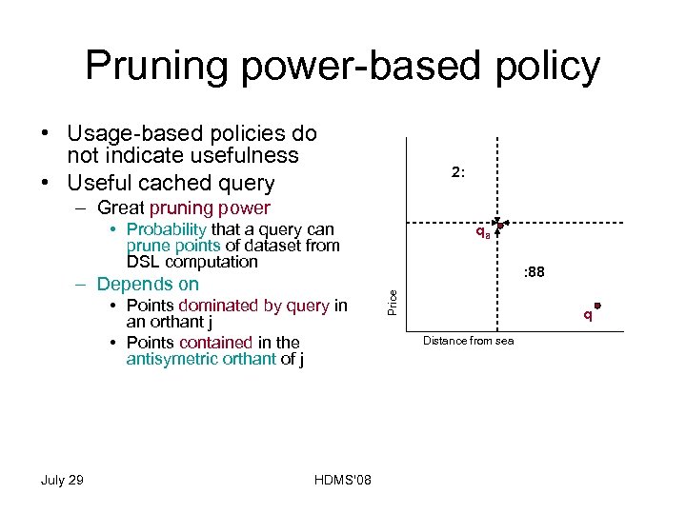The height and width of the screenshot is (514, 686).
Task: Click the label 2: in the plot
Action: [x=458, y=172]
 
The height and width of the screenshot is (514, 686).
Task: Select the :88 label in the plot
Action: [x=534, y=272]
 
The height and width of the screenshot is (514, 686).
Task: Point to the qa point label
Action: [x=483, y=232]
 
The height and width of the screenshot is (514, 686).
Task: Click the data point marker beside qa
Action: [x=499, y=226]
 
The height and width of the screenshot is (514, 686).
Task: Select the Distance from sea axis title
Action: [x=468, y=341]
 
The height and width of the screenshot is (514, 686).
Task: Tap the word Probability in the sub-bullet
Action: [x=166, y=229]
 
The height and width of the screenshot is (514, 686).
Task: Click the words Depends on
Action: [x=148, y=284]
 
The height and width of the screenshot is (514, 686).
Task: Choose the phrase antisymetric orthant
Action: [x=201, y=359]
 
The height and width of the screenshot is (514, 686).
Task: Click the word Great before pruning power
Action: [x=121, y=208]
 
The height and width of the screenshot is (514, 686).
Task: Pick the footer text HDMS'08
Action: [x=342, y=480]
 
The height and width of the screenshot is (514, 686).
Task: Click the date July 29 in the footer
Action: [x=62, y=480]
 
